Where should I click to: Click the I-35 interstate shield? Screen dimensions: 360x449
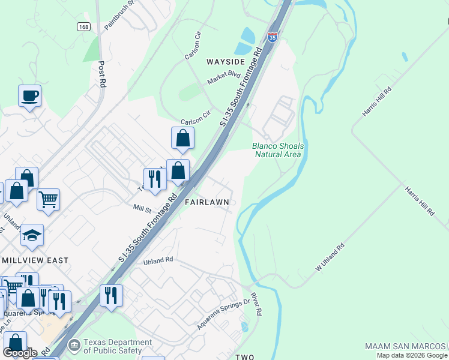click(x=273, y=37)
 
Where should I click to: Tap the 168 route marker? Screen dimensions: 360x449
click(x=83, y=27)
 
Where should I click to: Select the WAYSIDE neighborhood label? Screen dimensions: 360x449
click(x=226, y=62)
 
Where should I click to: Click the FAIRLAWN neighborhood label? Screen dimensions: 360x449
click(x=206, y=202)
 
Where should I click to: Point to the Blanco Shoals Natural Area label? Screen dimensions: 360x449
click(x=278, y=150)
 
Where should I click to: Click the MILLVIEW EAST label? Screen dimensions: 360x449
click(x=35, y=260)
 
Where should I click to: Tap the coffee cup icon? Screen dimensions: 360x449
click(x=29, y=95)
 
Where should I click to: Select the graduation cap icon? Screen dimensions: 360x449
click(x=32, y=235)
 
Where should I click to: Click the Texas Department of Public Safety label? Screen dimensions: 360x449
click(x=113, y=346)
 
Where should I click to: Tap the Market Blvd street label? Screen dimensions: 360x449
click(x=223, y=77)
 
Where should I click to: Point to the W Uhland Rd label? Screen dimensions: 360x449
click(x=330, y=257)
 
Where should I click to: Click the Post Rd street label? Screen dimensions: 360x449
click(x=102, y=73)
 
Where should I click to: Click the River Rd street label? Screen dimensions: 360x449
click(x=256, y=304)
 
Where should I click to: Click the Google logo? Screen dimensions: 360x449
click(x=20, y=353)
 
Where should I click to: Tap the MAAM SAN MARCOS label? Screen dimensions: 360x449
click(x=406, y=347)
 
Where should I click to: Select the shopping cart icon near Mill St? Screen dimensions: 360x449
click(x=48, y=198)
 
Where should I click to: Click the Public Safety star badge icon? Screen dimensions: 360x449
click(x=74, y=346)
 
